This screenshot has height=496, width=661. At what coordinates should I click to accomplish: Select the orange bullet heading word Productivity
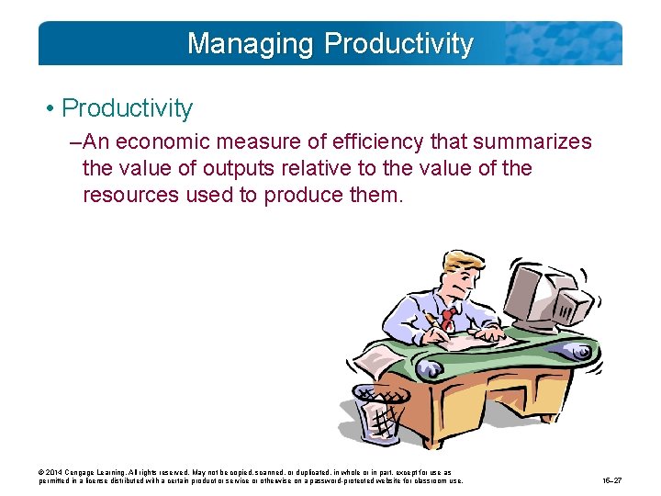tap(127, 108)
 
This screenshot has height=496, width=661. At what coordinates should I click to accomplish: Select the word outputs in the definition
tap(237, 169)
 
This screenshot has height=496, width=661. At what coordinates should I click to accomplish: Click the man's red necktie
tap(448, 318)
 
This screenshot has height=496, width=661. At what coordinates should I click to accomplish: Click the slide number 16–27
tap(613, 480)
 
